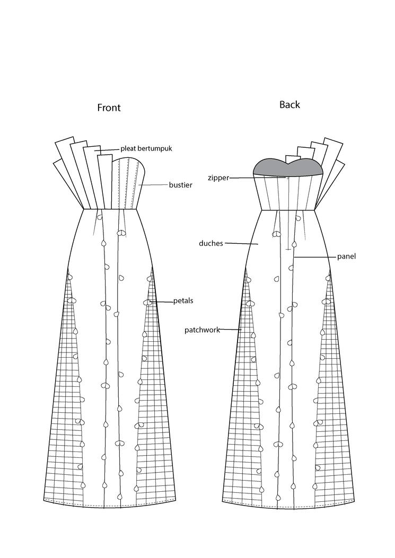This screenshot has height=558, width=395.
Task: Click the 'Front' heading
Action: point(109,108)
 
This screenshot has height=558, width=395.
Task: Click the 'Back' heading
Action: point(289,104)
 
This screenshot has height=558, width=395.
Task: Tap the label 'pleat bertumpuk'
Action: point(146,148)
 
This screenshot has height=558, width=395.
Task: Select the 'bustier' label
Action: point(180,185)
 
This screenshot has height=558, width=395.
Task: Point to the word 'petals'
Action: point(183,300)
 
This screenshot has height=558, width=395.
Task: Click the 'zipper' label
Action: point(218,178)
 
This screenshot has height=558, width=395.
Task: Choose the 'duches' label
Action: point(211,243)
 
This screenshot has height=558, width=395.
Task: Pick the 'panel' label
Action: point(346,256)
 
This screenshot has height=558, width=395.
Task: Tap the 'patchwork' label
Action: point(202,330)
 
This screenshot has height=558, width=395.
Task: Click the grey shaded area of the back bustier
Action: point(270,167)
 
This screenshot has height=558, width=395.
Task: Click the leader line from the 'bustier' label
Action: point(154,185)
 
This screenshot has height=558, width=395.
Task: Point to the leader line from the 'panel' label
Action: point(315,256)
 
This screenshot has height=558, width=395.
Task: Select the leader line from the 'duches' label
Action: point(241,244)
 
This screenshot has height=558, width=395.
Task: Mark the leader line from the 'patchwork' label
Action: point(230,330)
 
